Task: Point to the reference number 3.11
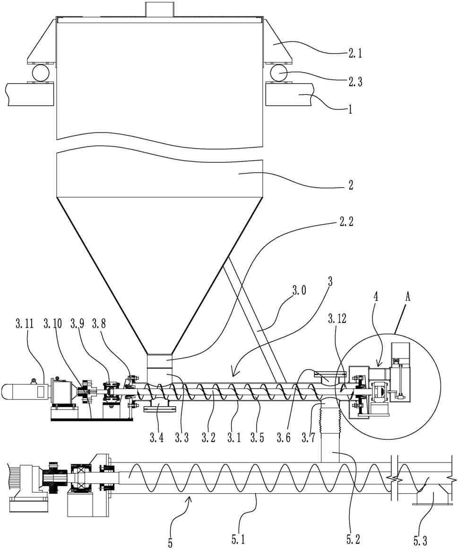25,323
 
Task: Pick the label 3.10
53,323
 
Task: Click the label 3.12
337,319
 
